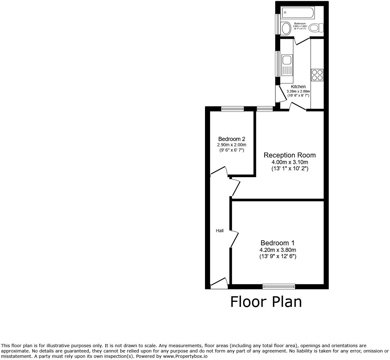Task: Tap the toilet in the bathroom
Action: click(x=316, y=28)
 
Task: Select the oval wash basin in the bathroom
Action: click(x=286, y=28)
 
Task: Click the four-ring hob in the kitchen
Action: click(x=317, y=75)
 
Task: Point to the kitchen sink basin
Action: click(x=287, y=60)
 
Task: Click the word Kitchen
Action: click(x=298, y=87)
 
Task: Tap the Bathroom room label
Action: click(x=300, y=23)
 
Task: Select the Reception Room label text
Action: click(x=289, y=155)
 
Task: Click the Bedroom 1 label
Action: click(x=277, y=243)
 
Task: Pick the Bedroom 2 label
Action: click(x=232, y=139)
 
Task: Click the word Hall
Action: click(x=220, y=231)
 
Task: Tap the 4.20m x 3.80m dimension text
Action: click(x=277, y=250)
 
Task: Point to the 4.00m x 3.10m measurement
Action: click(x=290, y=162)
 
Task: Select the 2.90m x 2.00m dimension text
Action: click(x=232, y=145)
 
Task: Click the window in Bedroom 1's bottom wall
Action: click(x=279, y=286)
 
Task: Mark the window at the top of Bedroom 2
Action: click(x=232, y=109)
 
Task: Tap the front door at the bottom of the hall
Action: click(x=219, y=282)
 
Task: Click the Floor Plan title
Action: click(x=266, y=302)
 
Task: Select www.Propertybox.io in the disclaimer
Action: click(x=185, y=356)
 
